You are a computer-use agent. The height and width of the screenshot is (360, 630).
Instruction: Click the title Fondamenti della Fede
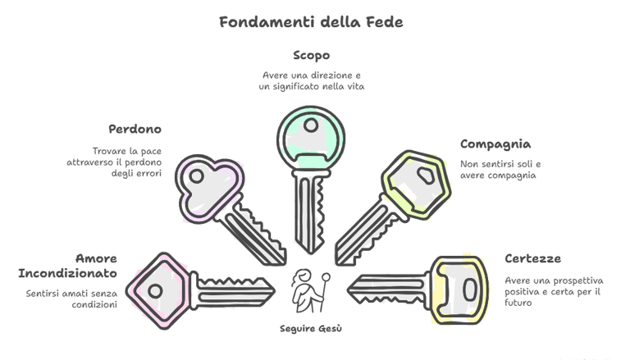point(312,22)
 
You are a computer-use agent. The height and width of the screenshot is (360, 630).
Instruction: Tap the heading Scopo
point(313,56)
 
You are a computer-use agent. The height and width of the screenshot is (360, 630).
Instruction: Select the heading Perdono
point(135,130)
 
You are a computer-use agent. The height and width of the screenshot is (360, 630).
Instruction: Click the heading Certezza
point(533,259)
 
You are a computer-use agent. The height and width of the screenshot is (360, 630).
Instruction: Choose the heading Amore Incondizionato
point(67,265)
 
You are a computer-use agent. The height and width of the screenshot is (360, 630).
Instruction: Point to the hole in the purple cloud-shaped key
point(197,175)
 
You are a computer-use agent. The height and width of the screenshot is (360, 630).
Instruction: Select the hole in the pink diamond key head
point(153,289)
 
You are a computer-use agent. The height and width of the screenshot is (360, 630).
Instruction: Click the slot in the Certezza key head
point(468,289)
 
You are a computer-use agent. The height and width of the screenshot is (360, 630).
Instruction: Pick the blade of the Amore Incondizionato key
point(233,289)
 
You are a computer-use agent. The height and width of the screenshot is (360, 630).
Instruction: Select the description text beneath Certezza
point(555,291)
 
